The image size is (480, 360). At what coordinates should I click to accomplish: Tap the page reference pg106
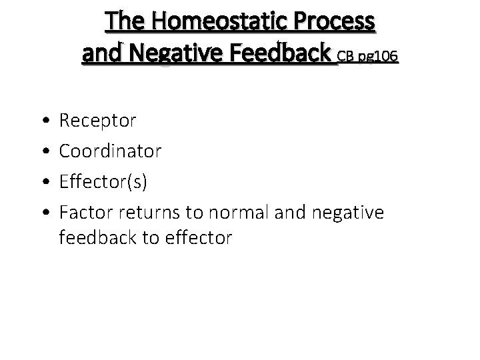point(380,58)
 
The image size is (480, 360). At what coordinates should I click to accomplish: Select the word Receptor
point(98,121)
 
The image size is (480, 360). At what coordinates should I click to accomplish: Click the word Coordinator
point(110,151)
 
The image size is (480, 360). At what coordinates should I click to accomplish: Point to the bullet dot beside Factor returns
point(43,213)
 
